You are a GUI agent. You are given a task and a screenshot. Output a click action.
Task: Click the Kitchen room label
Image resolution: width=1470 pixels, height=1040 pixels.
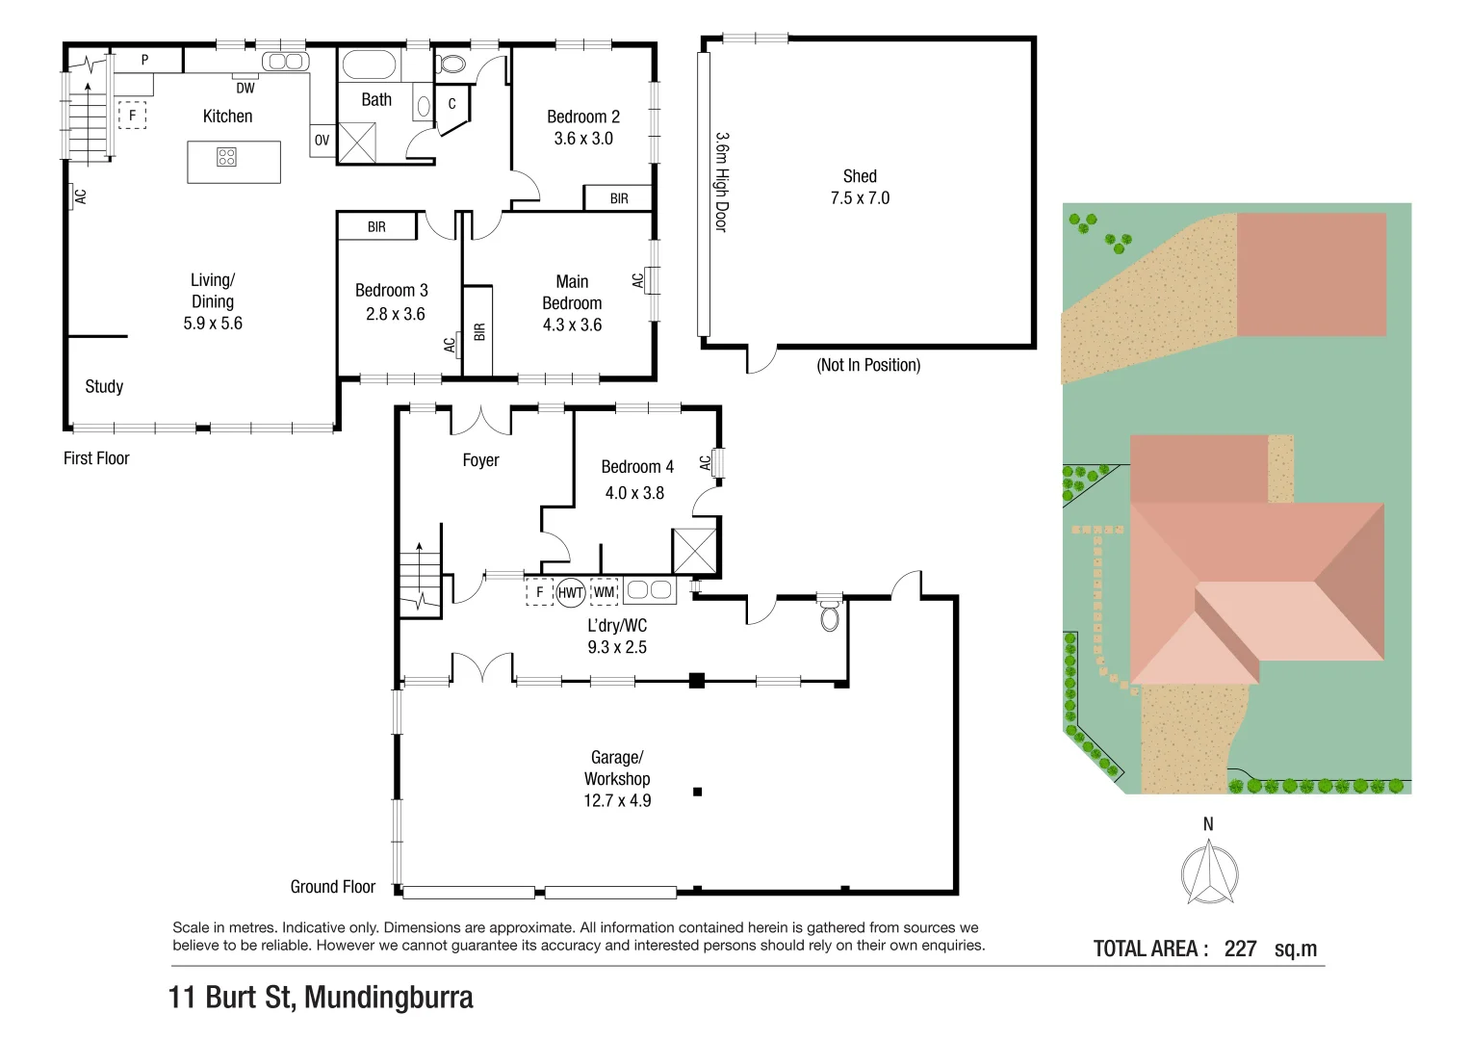pos(227,117)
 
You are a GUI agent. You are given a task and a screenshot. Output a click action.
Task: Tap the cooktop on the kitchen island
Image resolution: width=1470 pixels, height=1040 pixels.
pos(226,157)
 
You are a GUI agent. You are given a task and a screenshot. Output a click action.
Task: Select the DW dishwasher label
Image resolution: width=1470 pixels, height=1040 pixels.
pos(245,88)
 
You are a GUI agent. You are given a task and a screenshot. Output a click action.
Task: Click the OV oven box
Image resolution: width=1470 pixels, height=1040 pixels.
pos(322,141)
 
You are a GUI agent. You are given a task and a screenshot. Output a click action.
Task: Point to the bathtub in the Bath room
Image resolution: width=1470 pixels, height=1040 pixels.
pos(369,66)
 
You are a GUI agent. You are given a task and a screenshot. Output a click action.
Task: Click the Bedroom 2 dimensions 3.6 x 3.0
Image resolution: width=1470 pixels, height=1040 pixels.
pos(583,139)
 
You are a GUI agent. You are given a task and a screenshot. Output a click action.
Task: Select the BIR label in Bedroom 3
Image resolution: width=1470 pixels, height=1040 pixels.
pos(376,227)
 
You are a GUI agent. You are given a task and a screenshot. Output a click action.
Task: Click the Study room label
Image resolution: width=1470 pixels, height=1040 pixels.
pos(104,387)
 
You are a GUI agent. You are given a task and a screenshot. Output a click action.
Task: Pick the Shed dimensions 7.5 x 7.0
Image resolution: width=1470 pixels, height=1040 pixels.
pos(860,198)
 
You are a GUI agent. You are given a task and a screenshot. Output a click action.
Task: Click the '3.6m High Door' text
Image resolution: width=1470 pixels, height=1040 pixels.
pos(721,182)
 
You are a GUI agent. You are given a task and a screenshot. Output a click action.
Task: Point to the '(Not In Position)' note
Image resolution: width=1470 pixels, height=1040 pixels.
pos(868,366)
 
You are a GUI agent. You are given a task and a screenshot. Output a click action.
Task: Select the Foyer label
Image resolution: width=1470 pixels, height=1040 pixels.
pos(480,460)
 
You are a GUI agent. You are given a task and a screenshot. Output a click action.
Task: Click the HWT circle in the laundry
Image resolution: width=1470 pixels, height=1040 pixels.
pos(571,592)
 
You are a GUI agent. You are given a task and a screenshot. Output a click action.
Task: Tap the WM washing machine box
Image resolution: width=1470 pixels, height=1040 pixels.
pos(604,592)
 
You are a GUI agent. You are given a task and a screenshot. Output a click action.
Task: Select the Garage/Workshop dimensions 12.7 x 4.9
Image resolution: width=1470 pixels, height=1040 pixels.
pos(617,800)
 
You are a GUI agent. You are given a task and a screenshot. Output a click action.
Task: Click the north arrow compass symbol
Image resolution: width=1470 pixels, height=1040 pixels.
pos(1209,872)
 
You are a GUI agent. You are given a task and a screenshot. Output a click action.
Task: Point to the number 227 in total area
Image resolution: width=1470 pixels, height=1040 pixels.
pos(1240,949)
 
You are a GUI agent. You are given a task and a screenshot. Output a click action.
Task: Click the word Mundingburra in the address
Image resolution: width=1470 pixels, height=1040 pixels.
pos(388,997)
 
